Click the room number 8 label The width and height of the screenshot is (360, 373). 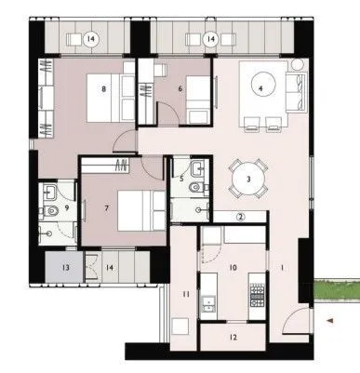(x=104, y=89)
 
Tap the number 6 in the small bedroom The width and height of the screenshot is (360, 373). (x=181, y=89)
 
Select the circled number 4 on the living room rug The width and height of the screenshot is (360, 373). (x=261, y=89)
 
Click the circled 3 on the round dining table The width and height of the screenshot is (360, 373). (x=248, y=179)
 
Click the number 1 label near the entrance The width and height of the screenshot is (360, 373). (x=283, y=268)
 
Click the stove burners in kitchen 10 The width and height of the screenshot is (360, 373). (x=255, y=291)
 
